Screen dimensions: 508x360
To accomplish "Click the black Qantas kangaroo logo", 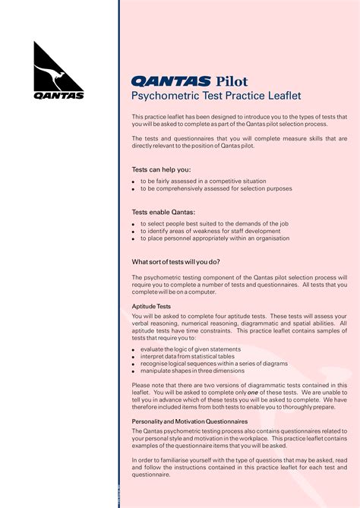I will (x=58, y=71).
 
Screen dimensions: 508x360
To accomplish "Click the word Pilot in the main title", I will (x=231, y=81).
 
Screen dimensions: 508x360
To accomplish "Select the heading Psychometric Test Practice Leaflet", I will (x=216, y=96).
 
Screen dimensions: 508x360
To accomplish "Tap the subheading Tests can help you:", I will (x=161, y=169).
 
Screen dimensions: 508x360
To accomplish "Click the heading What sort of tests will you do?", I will (x=186, y=262).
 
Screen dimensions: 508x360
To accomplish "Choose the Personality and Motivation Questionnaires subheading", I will (x=190, y=421).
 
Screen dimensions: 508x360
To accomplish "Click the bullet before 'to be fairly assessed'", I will (x=134, y=182).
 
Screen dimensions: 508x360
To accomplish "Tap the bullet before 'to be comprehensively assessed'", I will (x=134, y=189).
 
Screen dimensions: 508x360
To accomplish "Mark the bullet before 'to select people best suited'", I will (x=134, y=225).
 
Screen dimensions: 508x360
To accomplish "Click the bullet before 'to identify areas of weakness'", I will (x=134, y=232).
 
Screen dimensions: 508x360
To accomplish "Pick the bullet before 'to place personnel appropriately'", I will (x=134, y=238).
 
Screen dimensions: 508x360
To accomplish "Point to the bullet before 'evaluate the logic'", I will (x=134, y=350).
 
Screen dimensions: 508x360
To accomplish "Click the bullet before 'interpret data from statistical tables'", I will (x=134, y=357).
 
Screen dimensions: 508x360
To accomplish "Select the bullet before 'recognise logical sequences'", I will (x=134, y=364).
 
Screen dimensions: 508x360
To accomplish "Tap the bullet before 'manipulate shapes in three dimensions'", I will (x=134, y=371).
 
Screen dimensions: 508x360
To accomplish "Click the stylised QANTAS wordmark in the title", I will (x=171, y=81).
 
